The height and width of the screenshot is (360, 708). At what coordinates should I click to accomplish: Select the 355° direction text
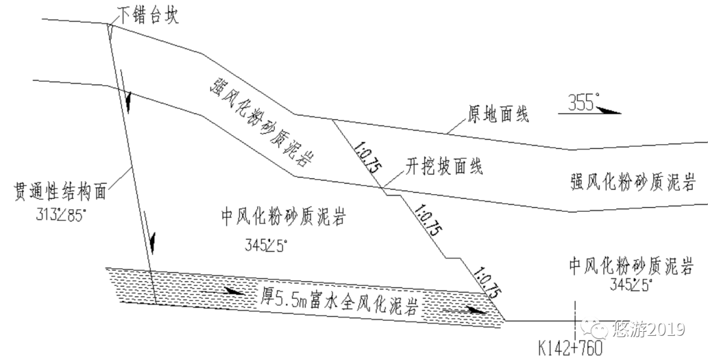click(x=580, y=101)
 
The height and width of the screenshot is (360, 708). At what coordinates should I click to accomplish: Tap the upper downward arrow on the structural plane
click(x=129, y=102)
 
